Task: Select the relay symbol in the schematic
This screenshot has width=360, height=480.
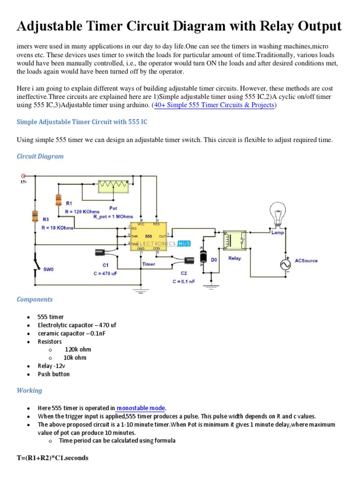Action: (234, 242)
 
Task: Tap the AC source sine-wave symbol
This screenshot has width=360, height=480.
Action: (285, 265)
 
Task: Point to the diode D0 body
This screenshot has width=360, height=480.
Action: (203, 257)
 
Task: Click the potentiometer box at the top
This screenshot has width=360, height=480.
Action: (113, 186)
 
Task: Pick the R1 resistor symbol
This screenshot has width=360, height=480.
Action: (58, 200)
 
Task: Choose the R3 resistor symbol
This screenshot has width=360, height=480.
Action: (35, 216)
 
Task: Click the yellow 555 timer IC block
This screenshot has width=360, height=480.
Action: (149, 236)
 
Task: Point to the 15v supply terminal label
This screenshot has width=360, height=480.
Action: (23, 181)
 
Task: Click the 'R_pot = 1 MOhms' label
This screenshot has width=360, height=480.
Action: (114, 217)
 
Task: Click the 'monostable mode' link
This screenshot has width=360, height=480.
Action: (141, 408)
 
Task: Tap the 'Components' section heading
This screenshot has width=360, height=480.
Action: (35, 299)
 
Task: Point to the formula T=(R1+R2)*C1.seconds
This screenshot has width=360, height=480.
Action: (52, 458)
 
